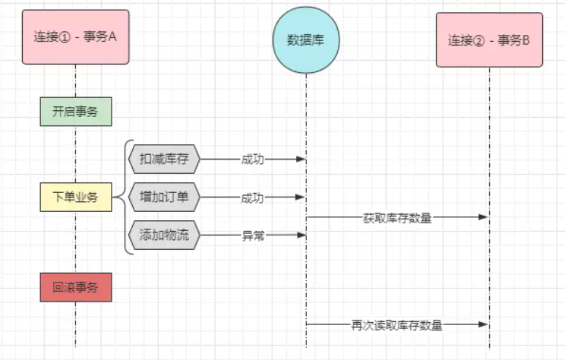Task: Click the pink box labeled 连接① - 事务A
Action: (x=75, y=36)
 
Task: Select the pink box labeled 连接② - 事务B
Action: (x=489, y=40)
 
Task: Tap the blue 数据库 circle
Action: (x=305, y=39)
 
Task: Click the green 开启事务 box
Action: (x=75, y=112)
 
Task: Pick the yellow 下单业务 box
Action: (x=75, y=197)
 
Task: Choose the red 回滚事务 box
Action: (x=75, y=288)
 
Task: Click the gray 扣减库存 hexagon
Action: (x=164, y=159)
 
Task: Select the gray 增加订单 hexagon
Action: (x=164, y=197)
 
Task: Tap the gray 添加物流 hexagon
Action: (x=164, y=235)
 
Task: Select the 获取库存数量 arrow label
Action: (x=397, y=218)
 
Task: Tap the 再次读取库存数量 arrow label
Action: (x=397, y=325)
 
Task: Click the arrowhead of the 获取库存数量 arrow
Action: (x=484, y=217)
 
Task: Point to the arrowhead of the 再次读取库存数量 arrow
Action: (x=484, y=324)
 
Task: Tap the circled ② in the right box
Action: (x=479, y=40)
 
